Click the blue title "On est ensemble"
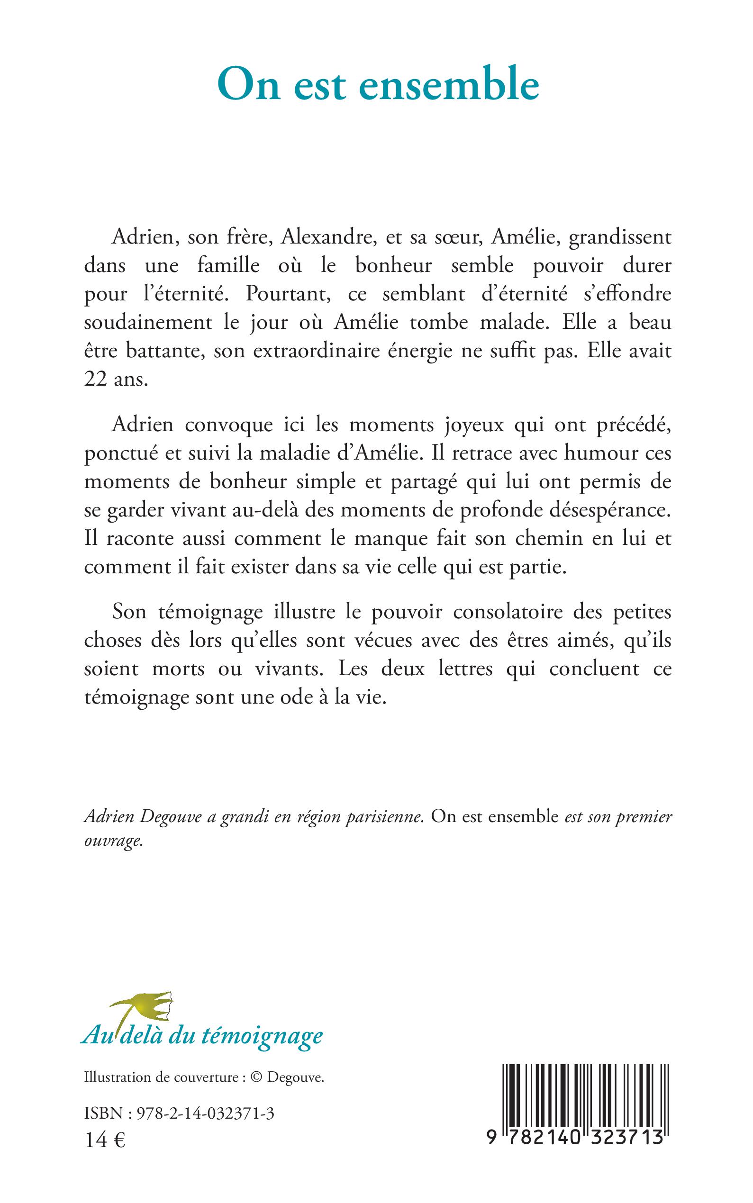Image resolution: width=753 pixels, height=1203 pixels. (379, 85)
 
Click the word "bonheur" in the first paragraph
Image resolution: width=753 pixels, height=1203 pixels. (393, 266)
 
